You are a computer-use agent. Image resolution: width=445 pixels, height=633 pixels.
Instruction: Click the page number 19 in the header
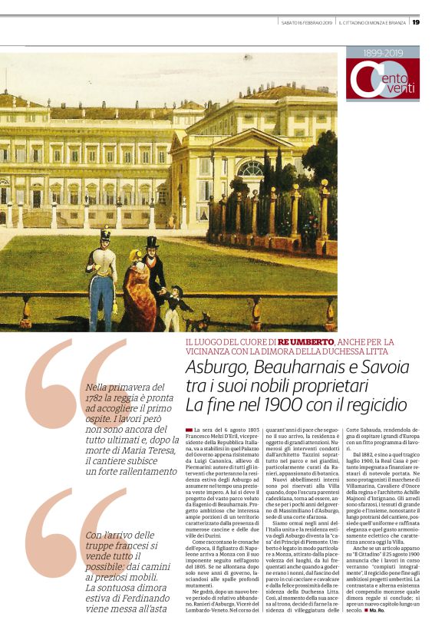tap(416, 21)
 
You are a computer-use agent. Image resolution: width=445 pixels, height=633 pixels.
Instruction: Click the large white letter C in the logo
tap(367, 80)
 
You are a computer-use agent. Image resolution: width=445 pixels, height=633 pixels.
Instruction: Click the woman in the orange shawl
tap(137, 291)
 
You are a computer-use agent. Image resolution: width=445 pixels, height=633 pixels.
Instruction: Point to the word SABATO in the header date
tap(289, 22)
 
